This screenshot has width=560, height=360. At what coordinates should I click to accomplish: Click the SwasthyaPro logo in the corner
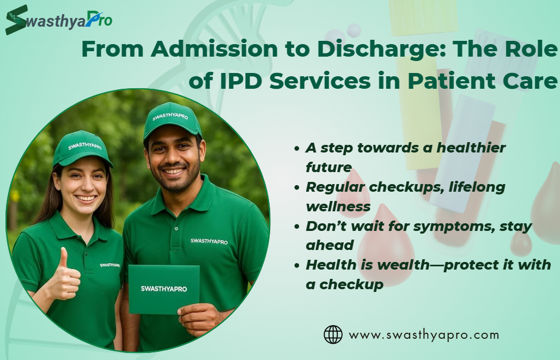[x=59, y=20]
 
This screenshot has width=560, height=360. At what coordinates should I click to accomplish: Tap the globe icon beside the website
[x=333, y=334]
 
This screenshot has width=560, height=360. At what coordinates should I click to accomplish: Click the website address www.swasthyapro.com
[x=424, y=335]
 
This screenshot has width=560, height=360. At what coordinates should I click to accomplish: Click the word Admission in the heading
[x=214, y=48]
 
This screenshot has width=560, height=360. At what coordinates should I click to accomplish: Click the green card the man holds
[x=164, y=289]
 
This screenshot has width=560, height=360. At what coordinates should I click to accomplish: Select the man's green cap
[x=172, y=120]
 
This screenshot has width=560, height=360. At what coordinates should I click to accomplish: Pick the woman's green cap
[x=82, y=148]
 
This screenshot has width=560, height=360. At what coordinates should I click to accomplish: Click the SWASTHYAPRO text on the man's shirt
[x=209, y=241]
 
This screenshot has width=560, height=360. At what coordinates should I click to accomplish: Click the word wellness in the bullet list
[x=338, y=207]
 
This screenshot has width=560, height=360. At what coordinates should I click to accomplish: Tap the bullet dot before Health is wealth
[x=296, y=265]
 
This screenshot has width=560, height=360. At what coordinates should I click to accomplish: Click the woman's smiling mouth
[x=86, y=198]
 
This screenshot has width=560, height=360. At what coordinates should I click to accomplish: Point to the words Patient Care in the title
[x=482, y=81]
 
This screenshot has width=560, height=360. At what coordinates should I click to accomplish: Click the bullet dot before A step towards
[x=296, y=148]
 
